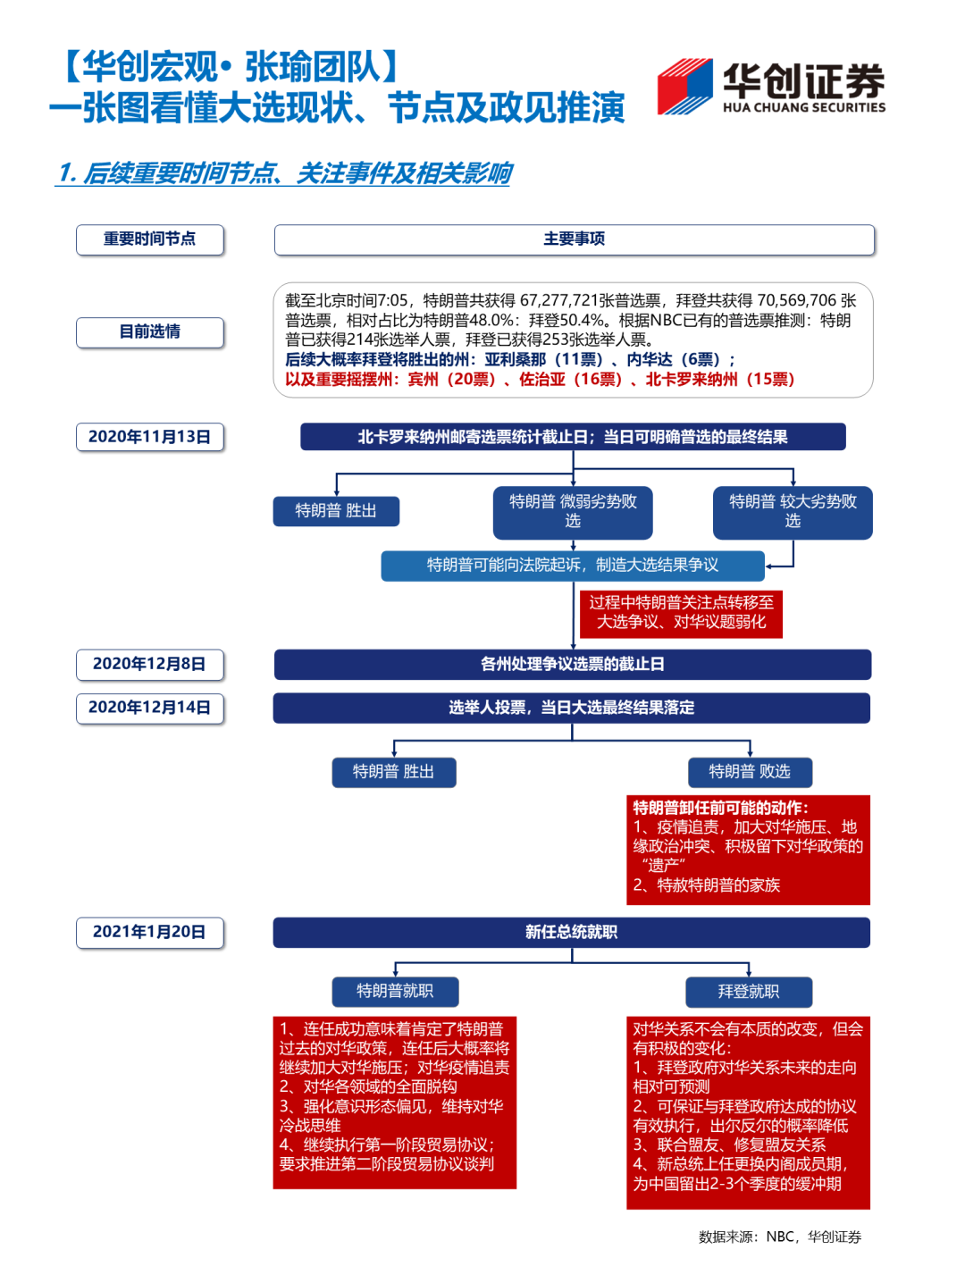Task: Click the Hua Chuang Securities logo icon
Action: [685, 87]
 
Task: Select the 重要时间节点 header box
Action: [150, 239]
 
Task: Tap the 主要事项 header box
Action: [574, 239]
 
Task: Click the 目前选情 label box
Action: [150, 332]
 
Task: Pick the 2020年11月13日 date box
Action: [150, 437]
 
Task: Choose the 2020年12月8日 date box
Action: [150, 664]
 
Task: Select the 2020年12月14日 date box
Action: [150, 708]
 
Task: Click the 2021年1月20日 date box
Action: [150, 932]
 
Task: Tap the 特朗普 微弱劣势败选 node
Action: [573, 512]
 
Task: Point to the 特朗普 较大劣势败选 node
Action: [793, 512]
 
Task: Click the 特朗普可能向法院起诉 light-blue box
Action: [572, 566]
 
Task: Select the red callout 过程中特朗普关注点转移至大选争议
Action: [681, 613]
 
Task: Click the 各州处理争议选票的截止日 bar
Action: [572, 664]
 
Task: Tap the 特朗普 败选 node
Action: [750, 772]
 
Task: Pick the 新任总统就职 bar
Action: [572, 932]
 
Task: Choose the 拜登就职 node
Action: [749, 992]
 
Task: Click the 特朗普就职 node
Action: [395, 991]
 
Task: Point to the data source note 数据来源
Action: [779, 1237]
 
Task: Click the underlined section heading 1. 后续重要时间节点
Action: [284, 173]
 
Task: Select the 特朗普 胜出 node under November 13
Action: [336, 511]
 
